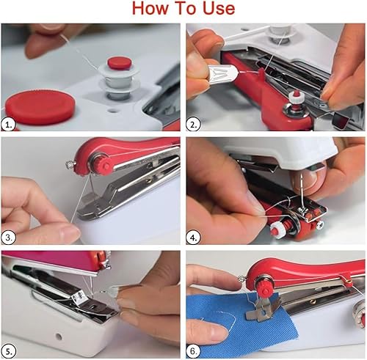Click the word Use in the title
[217, 10]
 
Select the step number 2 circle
[195, 125]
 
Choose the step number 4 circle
[195, 237]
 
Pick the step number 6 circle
[195, 349]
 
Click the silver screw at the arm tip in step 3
[71, 155]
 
